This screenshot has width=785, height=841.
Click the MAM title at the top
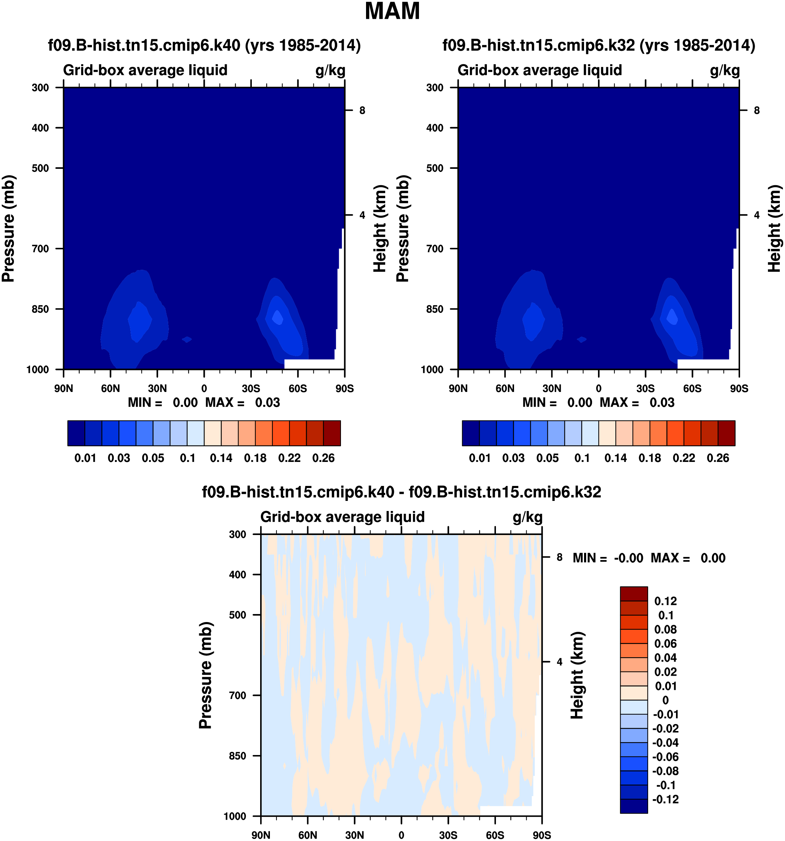(392, 11)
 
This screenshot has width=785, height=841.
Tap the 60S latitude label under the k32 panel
(692, 388)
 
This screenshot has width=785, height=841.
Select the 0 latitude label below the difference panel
(401, 835)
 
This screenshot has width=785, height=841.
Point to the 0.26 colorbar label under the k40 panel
(323, 458)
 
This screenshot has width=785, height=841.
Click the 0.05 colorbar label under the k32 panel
(547, 458)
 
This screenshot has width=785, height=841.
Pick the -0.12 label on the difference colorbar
(665, 799)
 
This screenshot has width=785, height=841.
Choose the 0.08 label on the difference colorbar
(665, 629)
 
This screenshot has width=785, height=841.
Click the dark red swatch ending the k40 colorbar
(332, 433)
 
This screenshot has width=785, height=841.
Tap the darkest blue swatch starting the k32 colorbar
(471, 433)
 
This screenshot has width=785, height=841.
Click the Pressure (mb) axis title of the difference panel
(205, 675)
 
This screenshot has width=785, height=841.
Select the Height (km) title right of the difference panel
(577, 675)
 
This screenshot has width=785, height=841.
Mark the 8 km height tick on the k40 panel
(362, 110)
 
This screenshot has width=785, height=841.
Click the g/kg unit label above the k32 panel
(725, 70)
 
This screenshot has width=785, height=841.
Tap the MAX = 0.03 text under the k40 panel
(242, 402)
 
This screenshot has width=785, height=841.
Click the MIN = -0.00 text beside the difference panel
(608, 558)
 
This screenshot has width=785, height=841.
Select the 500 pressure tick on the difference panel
(238, 615)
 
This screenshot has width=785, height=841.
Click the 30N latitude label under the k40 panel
(157, 388)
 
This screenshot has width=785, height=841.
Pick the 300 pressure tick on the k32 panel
(435, 88)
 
